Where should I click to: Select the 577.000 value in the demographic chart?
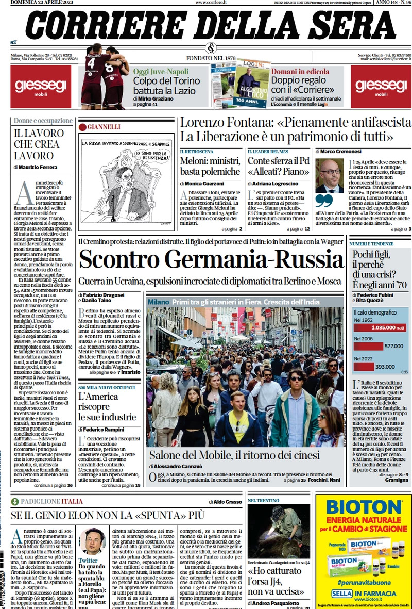tap(394, 347)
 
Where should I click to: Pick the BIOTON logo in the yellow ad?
tap(364, 506)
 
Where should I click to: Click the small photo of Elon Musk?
tap(93, 541)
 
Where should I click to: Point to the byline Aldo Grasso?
tap(226, 501)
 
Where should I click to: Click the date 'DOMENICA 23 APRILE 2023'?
tap(42, 3)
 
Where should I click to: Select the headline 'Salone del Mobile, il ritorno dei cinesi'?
tap(234, 455)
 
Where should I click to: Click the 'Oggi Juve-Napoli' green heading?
tap(161, 71)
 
